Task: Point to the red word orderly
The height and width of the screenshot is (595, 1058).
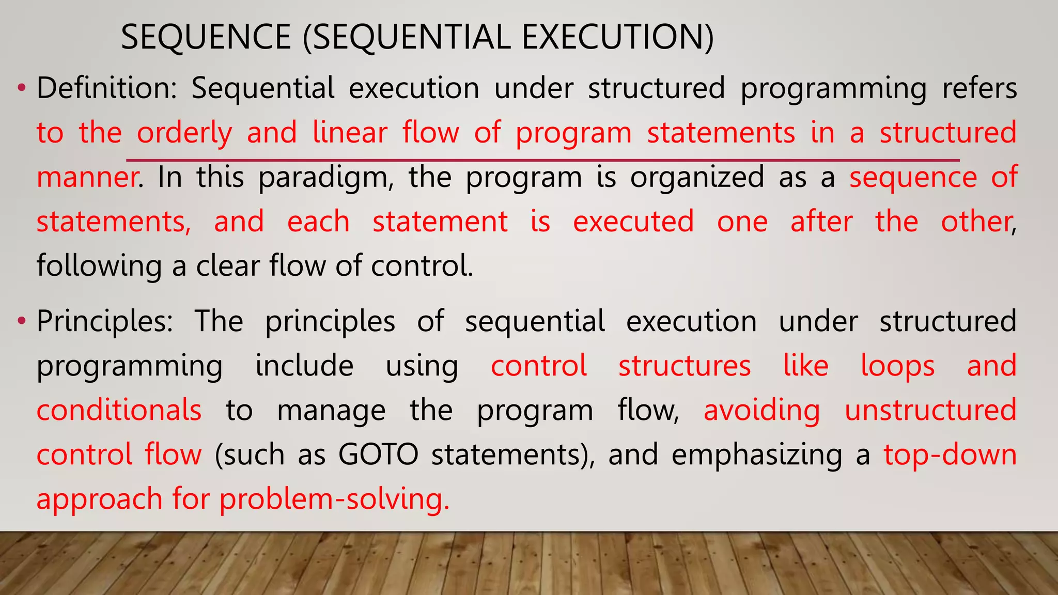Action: coord(184,133)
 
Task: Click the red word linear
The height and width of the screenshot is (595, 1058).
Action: coord(350,133)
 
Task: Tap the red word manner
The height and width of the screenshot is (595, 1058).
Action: coord(87,177)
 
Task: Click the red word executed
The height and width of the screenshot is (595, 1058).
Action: coord(633,222)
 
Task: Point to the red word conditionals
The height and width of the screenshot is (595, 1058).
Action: coord(119,411)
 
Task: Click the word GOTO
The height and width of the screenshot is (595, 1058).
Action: coord(378,455)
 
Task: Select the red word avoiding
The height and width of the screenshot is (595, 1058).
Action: coord(761,411)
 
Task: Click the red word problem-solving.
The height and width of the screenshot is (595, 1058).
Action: coord(334,499)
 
